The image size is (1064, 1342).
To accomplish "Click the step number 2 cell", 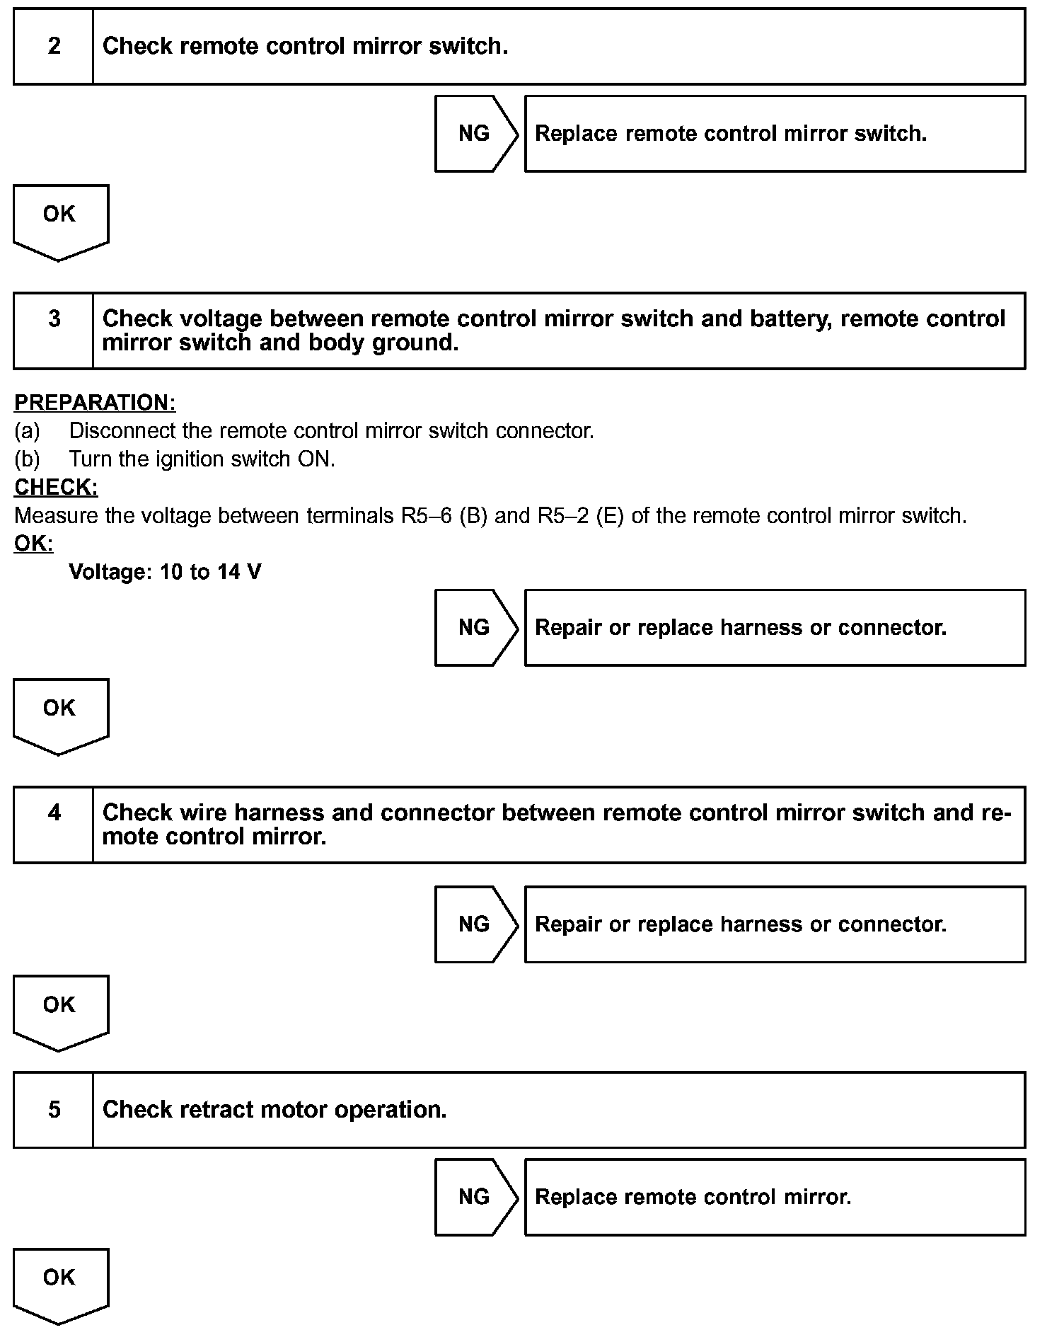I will pyautogui.click(x=54, y=47).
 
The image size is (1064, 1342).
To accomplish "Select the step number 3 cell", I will pyautogui.click(x=54, y=331).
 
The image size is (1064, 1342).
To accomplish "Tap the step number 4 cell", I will pyautogui.click(x=54, y=825).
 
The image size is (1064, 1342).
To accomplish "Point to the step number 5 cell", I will pyautogui.click(x=54, y=1109).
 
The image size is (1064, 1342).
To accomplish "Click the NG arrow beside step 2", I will pyautogui.click(x=475, y=134).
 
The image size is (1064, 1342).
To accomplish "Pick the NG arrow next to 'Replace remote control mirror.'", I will pyautogui.click(x=475, y=1197).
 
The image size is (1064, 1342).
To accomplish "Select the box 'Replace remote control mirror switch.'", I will pyautogui.click(x=775, y=134).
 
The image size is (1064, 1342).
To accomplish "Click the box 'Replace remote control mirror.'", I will pyautogui.click(x=775, y=1197).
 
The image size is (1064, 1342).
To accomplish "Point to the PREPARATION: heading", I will pyautogui.click(x=95, y=403).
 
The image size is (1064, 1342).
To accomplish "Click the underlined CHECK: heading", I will pyautogui.click(x=56, y=488).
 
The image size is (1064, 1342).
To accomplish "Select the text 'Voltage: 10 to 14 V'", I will pyautogui.click(x=165, y=572).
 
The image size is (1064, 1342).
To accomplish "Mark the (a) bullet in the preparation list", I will pyautogui.click(x=27, y=431).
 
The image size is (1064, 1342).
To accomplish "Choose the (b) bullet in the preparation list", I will pyautogui.click(x=27, y=459).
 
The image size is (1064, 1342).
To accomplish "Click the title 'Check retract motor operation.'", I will pyautogui.click(x=274, y=1109).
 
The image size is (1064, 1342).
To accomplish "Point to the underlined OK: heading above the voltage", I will pyautogui.click(x=33, y=544).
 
